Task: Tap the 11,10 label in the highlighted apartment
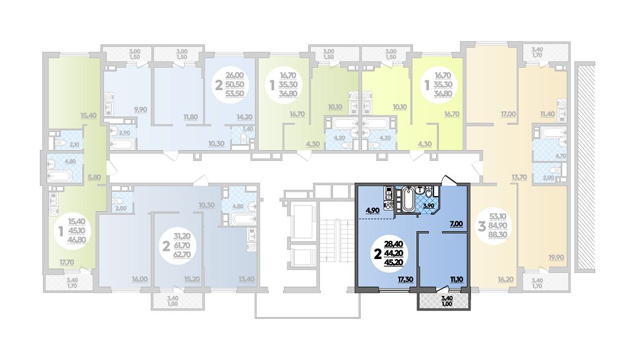(458, 281)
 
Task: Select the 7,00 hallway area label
(456, 223)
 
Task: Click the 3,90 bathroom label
(428, 206)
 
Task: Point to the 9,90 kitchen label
(140, 110)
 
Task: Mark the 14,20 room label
(245, 117)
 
